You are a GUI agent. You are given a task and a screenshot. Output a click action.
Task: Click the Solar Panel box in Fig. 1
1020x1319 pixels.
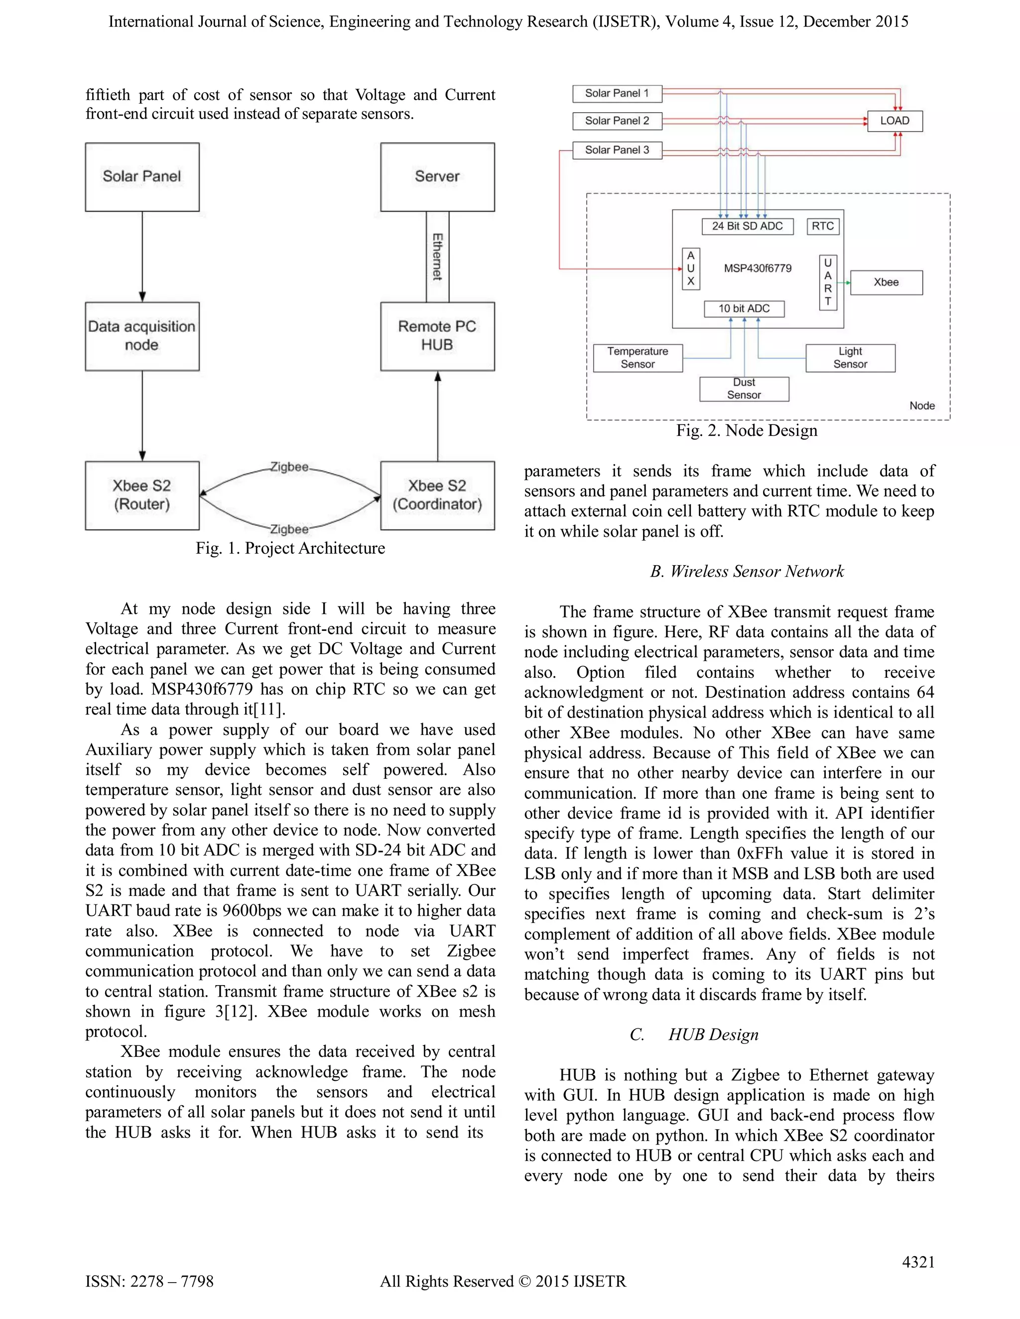point(142,177)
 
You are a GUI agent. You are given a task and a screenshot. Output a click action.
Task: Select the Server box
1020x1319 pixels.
point(437,177)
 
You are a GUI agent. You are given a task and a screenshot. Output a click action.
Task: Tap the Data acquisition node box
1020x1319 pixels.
point(142,336)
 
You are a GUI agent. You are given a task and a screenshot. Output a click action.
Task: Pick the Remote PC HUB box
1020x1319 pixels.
point(437,336)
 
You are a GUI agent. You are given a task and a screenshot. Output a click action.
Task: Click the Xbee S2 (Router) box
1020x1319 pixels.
point(142,495)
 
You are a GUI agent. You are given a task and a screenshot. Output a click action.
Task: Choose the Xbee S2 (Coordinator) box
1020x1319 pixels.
point(437,495)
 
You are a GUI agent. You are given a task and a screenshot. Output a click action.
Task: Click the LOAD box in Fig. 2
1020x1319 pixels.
point(894,121)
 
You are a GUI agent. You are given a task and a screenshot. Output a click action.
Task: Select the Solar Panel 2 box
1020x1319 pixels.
point(617,121)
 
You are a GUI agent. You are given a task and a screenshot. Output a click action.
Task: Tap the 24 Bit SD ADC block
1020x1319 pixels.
point(747,226)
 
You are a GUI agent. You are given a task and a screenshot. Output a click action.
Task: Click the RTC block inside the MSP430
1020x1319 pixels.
point(823,226)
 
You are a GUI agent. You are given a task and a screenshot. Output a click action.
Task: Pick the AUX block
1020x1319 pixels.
point(690,269)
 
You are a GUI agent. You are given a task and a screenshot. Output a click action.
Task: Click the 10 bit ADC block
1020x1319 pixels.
point(744,308)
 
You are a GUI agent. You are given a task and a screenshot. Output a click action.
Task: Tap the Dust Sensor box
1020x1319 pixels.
point(744,389)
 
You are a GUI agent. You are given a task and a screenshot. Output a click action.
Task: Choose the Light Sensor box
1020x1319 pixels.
point(850,358)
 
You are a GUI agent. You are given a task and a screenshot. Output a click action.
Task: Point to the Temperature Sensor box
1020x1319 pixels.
point(637,358)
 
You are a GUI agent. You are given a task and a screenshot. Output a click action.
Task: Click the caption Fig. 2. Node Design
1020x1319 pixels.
point(747,431)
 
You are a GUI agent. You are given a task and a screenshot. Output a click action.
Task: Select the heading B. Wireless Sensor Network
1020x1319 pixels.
point(747,572)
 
